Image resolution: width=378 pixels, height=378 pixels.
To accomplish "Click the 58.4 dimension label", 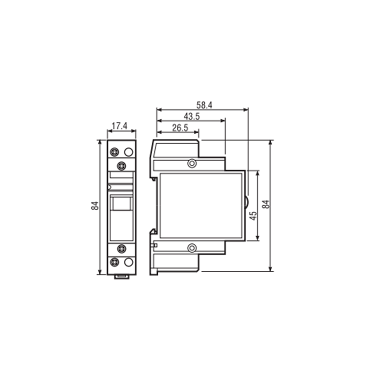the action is [204, 105].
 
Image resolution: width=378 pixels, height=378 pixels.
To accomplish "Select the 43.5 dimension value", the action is [192, 116].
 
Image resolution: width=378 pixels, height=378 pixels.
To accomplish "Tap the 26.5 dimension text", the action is [180, 128].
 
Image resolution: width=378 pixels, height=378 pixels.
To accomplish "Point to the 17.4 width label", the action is [120, 126].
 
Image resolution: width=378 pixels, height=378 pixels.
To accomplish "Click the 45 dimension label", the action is [253, 215].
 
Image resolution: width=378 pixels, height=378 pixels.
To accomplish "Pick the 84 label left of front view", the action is [95, 206].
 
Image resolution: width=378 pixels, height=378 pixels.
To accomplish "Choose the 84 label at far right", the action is [266, 205].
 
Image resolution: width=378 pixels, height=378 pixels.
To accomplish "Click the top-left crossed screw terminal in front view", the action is [114, 152].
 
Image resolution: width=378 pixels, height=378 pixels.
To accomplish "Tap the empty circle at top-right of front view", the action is [129, 152].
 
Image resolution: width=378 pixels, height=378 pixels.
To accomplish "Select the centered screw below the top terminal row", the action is [121, 166].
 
